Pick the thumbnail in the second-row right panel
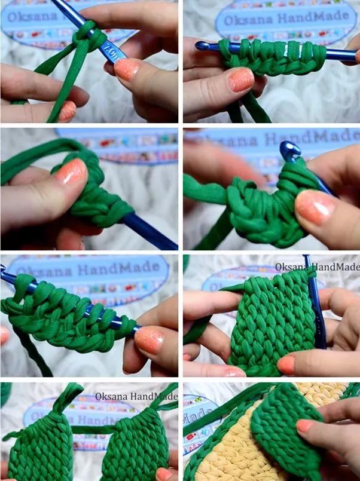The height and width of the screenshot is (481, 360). point(315,207)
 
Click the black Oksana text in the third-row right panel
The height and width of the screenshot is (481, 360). point(292,267)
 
